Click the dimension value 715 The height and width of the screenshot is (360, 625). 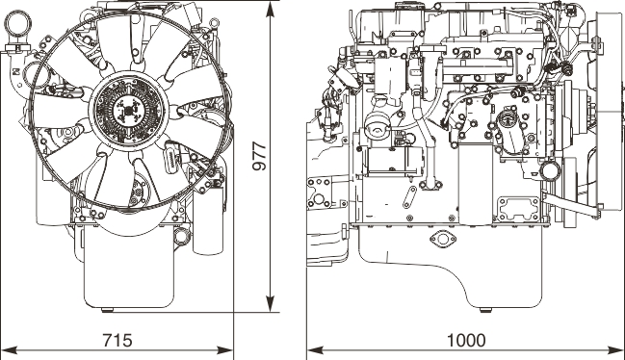[117, 341]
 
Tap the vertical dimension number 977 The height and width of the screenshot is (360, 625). [260, 156]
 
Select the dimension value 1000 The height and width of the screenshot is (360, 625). [466, 341]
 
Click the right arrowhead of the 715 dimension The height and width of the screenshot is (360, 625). [225, 350]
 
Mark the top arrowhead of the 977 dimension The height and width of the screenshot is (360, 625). [271, 9]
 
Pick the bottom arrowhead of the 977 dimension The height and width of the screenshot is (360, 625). [271, 304]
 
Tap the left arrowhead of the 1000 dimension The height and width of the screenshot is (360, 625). [315, 350]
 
